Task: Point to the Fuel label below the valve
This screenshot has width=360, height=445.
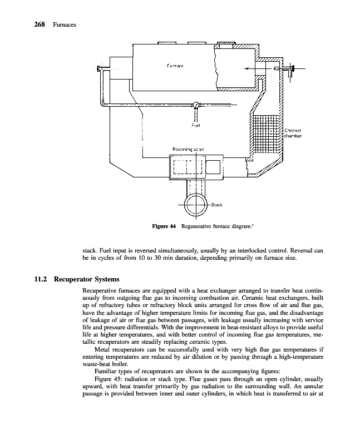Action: coord(195,126)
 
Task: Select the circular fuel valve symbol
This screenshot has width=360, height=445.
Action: coord(195,105)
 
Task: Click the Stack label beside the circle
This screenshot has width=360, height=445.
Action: coord(217,204)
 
